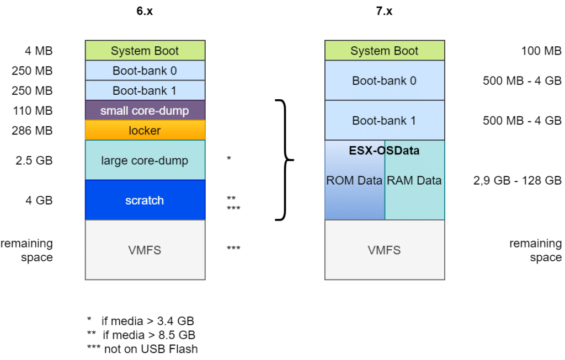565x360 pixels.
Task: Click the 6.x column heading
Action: (x=145, y=11)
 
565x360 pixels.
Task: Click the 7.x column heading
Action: (x=384, y=11)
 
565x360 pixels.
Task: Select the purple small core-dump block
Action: (x=145, y=110)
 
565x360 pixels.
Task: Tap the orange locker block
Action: (x=145, y=130)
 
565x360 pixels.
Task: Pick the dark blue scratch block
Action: (x=145, y=200)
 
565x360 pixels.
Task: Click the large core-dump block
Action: (x=145, y=160)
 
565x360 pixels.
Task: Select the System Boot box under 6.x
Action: (x=145, y=50)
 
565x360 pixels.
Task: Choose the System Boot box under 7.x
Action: (x=385, y=50)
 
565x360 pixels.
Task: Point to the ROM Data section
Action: (x=355, y=180)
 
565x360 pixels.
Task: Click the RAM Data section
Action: (x=415, y=180)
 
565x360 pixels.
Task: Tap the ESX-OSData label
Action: (x=384, y=151)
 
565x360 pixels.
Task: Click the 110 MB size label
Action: (x=33, y=110)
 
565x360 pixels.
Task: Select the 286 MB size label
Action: (x=32, y=130)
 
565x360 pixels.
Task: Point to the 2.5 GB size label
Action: (x=34, y=160)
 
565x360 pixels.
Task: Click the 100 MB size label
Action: (x=541, y=51)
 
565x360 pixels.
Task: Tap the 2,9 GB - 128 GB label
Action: (x=518, y=180)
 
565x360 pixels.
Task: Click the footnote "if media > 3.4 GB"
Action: (x=148, y=321)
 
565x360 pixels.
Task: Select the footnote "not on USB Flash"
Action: (x=151, y=349)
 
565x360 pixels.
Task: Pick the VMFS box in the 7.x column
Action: (x=385, y=250)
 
